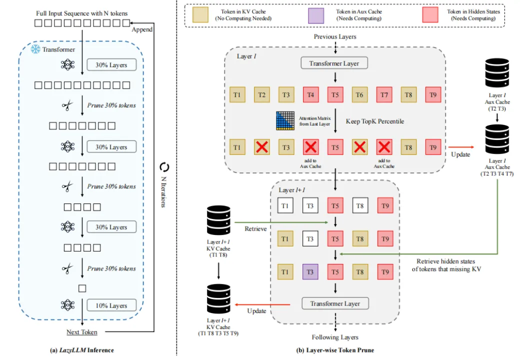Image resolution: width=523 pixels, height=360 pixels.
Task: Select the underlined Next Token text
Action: pos(82,332)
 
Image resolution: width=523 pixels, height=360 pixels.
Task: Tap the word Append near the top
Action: pos(142,29)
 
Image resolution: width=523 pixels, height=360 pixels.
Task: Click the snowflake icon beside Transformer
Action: pos(35,49)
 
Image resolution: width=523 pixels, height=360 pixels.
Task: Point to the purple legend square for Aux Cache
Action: pos(316,14)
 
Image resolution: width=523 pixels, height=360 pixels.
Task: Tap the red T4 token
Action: pos(310,95)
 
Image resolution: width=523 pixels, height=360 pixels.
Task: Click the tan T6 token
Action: pos(359,95)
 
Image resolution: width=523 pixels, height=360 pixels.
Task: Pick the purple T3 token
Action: pos(310,272)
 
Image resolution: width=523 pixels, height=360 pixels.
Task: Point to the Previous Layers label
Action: pos(334,37)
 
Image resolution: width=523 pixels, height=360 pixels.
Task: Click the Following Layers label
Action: pos(334,337)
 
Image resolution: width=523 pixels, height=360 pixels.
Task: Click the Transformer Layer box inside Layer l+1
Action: pos(334,303)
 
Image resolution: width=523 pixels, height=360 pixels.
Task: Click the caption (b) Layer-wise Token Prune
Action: pos(334,350)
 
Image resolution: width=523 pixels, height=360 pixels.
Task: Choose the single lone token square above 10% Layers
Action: pos(82,288)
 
